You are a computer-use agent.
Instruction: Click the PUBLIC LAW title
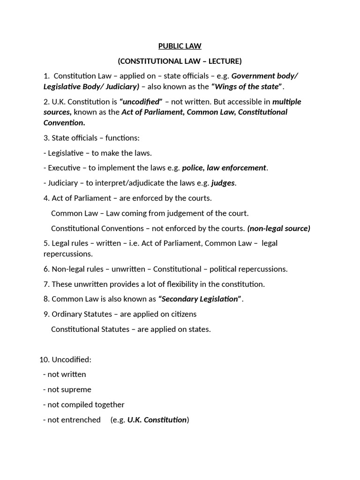[x=180, y=46]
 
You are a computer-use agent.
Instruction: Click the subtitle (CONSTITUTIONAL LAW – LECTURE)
[x=180, y=61]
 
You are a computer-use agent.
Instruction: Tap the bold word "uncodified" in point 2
[x=141, y=102]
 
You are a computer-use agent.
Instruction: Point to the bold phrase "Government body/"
[x=265, y=76]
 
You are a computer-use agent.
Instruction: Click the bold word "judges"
[x=223, y=183]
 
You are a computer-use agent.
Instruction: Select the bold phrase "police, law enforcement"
[x=224, y=168]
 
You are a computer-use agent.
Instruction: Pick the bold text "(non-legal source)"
[x=278, y=228]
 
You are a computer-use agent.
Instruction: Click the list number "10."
[x=45, y=360]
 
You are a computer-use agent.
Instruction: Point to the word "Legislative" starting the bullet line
[x=66, y=153]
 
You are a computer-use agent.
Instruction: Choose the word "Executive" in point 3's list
[x=65, y=168]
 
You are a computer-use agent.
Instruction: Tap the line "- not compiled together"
[x=83, y=405]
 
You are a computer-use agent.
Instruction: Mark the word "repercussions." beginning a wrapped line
[x=68, y=254]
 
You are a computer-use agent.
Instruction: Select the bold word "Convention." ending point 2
[x=64, y=122]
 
